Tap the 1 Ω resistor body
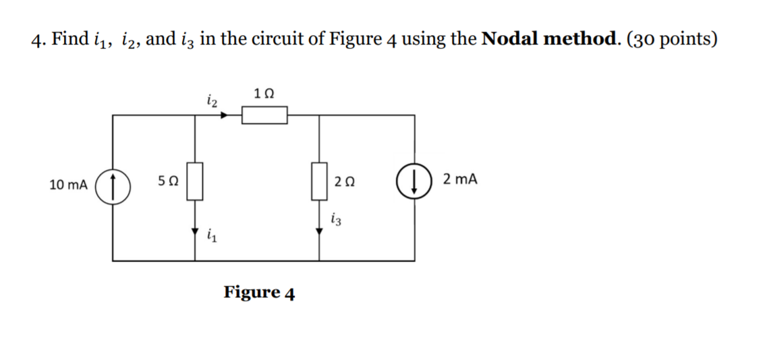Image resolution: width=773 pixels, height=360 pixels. pos(265,116)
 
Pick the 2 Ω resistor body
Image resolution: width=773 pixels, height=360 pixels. pos(319,181)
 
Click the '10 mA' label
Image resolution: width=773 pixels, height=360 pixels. pos(68,183)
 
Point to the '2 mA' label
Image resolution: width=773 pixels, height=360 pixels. pos(461,179)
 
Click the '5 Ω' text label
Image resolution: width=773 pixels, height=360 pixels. pos(168,181)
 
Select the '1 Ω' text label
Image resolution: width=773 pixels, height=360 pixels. pos(264,92)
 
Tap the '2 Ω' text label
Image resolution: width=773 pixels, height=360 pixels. pos(345,181)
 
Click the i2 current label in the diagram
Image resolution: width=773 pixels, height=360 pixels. pos(210,101)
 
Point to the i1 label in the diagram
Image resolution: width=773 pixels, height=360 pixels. pos(212,235)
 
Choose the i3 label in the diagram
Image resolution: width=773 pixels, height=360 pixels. pos(336,218)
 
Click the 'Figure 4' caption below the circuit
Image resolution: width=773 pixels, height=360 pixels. pos(259,293)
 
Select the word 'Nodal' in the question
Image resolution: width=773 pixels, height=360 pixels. pos(509,39)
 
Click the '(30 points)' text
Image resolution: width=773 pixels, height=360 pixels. pos(672,39)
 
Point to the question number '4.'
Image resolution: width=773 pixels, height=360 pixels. pos(38,39)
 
